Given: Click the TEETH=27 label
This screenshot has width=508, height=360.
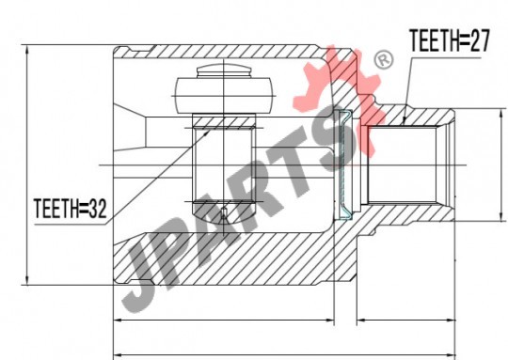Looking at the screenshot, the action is point(450,40).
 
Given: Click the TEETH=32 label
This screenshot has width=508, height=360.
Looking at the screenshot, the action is point(70,209).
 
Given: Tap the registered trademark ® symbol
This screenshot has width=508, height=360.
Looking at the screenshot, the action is point(384,59).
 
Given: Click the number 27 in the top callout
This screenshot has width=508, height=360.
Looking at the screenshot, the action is point(480,40).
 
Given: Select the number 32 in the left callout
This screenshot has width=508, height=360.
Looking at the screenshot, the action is point(98,209).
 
